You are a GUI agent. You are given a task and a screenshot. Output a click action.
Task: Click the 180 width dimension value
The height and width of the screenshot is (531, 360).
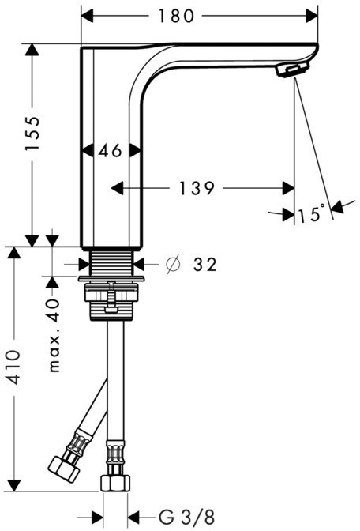(176, 16)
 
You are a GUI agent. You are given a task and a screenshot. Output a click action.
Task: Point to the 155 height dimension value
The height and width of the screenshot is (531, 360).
(33, 133)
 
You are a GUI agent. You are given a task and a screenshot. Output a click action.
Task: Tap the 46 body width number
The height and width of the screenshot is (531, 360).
(111, 150)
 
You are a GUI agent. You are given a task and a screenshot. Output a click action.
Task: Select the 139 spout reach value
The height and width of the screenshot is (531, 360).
(197, 188)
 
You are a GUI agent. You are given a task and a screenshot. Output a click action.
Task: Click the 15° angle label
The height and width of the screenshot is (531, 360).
(311, 213)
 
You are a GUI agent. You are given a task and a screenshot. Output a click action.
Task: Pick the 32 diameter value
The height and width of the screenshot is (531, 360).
(204, 265)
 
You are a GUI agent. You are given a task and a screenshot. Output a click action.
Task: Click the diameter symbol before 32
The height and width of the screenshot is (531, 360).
(173, 265)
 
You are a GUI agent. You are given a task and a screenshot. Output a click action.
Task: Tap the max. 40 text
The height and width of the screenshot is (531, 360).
(54, 335)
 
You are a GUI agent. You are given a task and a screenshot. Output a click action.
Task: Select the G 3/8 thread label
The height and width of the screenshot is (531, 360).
(186, 517)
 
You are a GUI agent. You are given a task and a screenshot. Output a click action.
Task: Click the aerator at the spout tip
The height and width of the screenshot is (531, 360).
(291, 70)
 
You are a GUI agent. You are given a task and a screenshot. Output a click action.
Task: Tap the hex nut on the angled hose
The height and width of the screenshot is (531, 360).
(64, 469)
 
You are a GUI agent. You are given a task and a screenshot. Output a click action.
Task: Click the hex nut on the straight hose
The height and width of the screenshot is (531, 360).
(115, 483)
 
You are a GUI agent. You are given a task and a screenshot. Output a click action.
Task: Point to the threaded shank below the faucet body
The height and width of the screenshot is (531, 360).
(111, 263)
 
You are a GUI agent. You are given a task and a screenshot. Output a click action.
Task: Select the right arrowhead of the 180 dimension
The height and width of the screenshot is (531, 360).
(312, 16)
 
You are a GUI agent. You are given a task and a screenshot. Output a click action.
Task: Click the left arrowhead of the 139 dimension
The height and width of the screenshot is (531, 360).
(117, 188)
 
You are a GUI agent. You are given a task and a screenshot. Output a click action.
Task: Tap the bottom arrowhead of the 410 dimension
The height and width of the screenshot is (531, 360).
(14, 485)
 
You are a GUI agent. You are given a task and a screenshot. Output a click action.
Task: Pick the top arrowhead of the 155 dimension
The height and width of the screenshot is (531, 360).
(32, 50)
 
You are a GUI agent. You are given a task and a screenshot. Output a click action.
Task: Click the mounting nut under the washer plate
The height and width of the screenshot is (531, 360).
(111, 302)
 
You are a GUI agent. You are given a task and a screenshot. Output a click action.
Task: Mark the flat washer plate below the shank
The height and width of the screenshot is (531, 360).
(111, 279)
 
